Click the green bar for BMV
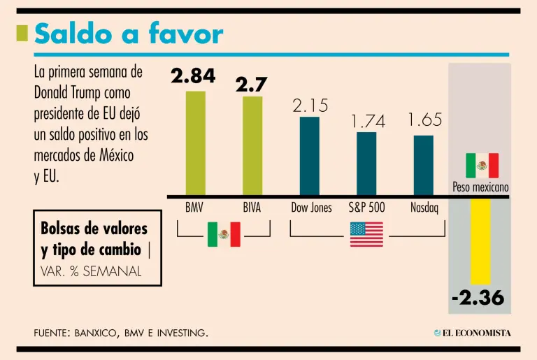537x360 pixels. [195, 143]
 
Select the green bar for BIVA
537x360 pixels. [252, 145]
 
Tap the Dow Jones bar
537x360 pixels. [310, 156]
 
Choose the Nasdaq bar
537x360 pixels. [423, 165]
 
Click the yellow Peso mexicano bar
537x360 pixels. [480, 240]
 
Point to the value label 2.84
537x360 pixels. [193, 76]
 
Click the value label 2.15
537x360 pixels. [310, 106]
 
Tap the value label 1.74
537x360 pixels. [368, 122]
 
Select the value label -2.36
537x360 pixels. [478, 298]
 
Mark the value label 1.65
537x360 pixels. [425, 120]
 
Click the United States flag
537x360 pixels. [366, 234]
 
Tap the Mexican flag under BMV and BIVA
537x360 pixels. [224, 234]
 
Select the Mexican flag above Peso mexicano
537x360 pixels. [482, 165]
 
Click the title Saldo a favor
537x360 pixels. [129, 33]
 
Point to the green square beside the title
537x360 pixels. [22, 32]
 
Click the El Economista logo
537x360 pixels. [472, 333]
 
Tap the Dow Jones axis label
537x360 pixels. [311, 208]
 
